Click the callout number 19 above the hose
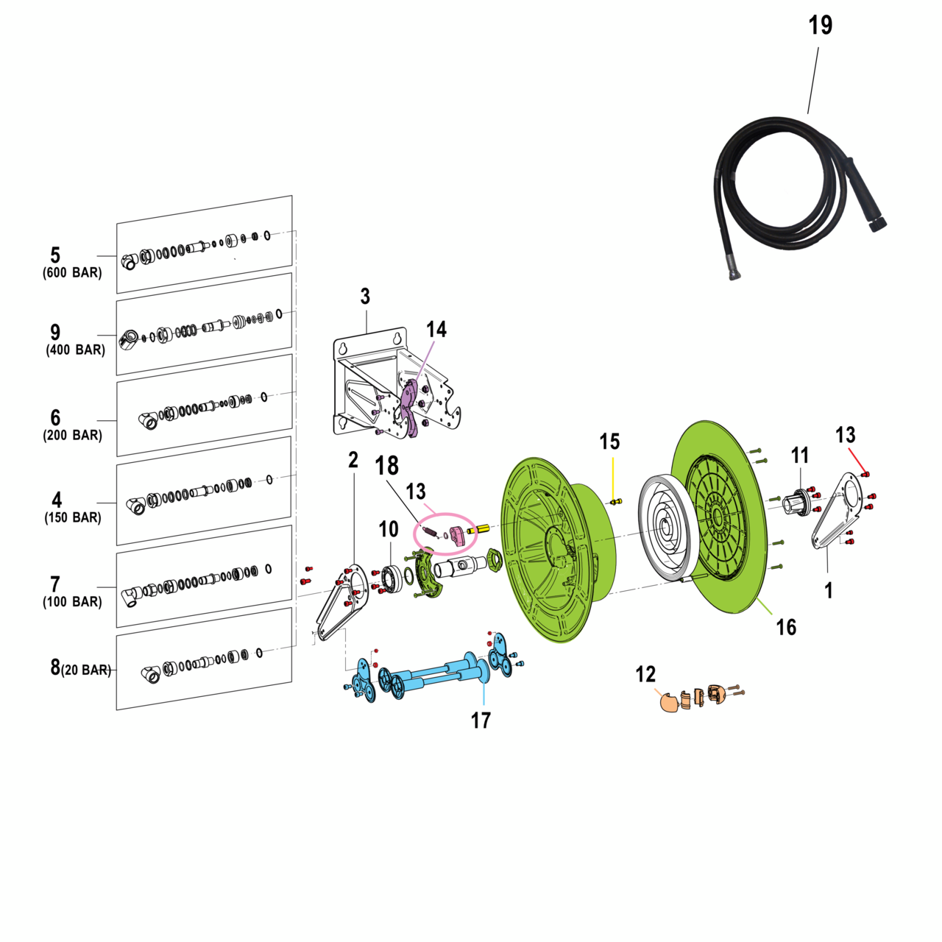click(x=820, y=26)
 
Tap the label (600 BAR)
click(x=72, y=273)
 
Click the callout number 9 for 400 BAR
click(x=55, y=333)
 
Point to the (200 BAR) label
click(x=72, y=436)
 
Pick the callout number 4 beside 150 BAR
click(x=57, y=500)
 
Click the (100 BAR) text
click(x=72, y=602)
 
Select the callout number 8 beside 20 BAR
click(x=55, y=667)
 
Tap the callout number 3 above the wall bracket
click(x=365, y=297)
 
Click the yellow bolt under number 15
click(x=616, y=502)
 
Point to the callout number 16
click(x=786, y=627)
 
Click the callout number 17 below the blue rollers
click(x=481, y=720)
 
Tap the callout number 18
click(x=387, y=466)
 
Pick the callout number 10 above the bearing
click(x=388, y=529)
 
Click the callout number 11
click(x=800, y=456)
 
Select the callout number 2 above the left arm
click(x=353, y=460)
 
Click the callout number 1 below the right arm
click(x=829, y=590)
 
